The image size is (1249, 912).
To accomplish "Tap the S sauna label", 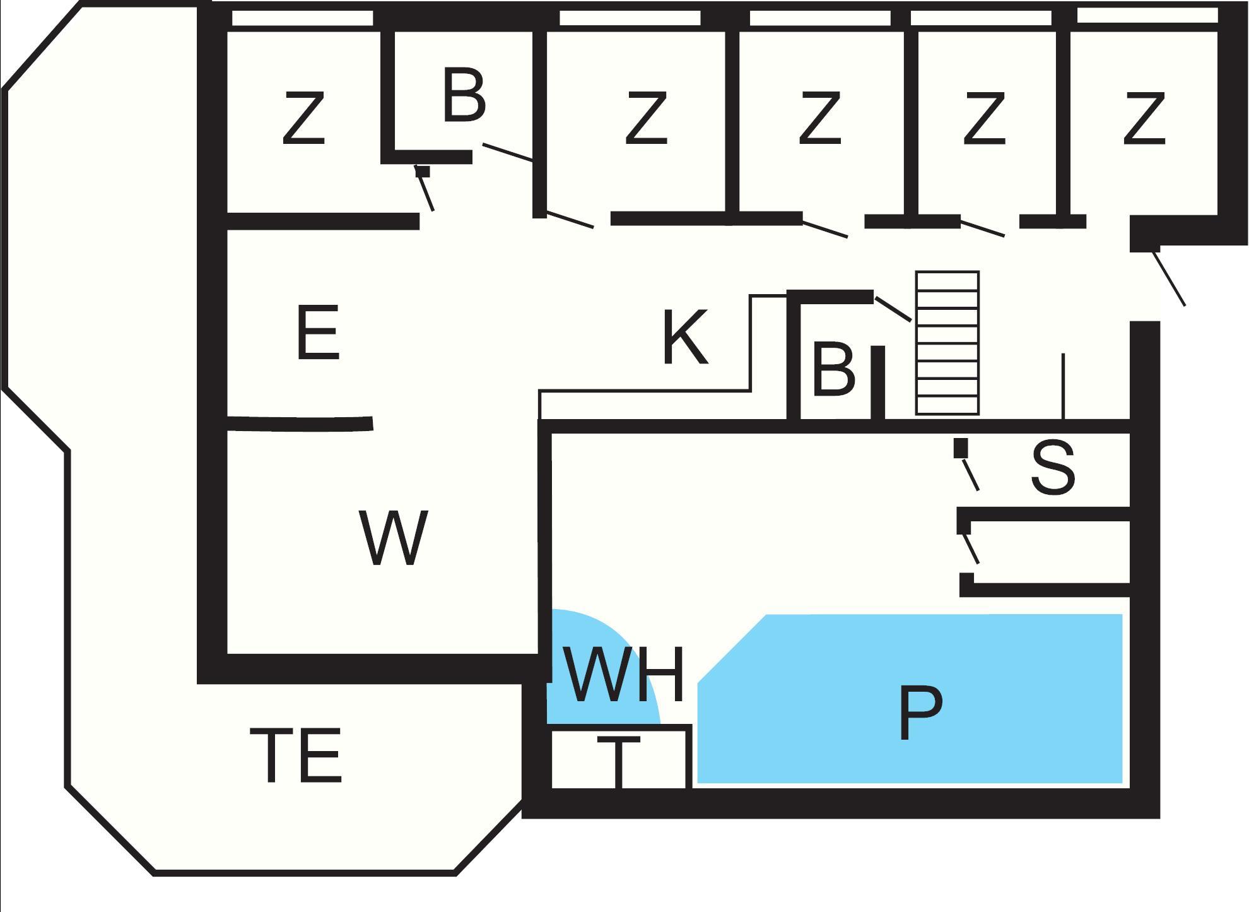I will click(1052, 468).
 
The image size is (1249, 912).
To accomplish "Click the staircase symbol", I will click(947, 343).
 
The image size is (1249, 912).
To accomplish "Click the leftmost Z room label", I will click(303, 118).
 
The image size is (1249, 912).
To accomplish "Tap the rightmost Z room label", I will click(1144, 118).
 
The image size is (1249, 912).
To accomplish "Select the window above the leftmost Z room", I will click(302, 18).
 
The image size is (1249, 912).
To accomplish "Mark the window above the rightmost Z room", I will click(1147, 16).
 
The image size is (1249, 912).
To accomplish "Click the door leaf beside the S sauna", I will click(970, 475).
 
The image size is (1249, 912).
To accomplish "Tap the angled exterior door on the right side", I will click(1169, 278).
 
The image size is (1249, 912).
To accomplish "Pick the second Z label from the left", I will click(646, 118).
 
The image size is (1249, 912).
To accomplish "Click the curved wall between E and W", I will click(300, 423).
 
